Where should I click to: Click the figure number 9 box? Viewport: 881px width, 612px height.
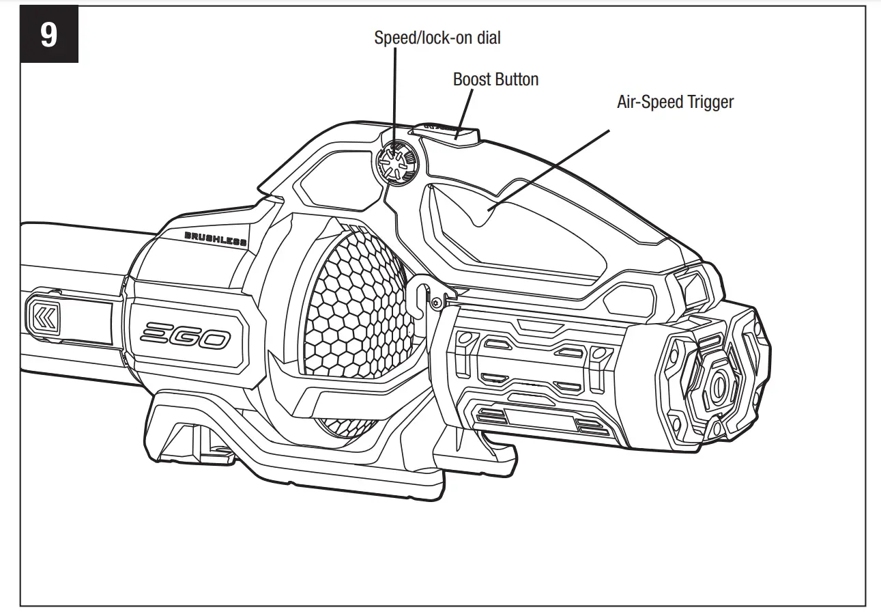tap(49, 35)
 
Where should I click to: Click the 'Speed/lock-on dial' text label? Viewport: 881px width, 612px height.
tap(437, 38)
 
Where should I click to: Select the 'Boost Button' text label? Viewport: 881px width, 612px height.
tap(495, 79)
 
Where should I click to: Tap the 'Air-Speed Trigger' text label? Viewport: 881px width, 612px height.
tap(675, 102)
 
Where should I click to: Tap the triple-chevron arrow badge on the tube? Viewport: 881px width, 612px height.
tap(44, 316)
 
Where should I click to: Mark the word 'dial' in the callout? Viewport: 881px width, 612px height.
tap(487, 38)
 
